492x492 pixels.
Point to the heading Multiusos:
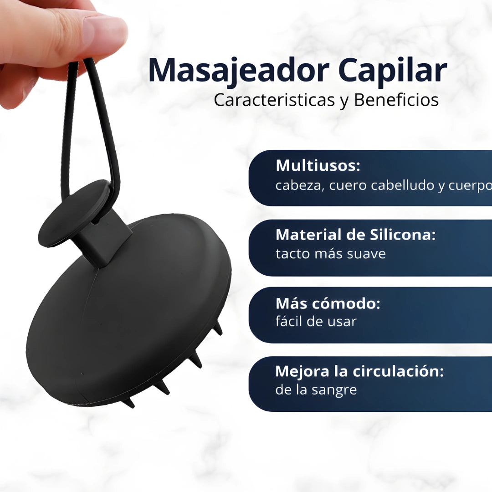[x=318, y=166]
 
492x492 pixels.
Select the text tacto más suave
[x=330, y=254]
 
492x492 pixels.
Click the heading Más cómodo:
[x=328, y=303]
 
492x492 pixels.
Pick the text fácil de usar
[x=316, y=322]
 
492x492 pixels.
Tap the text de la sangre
[x=316, y=390]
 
